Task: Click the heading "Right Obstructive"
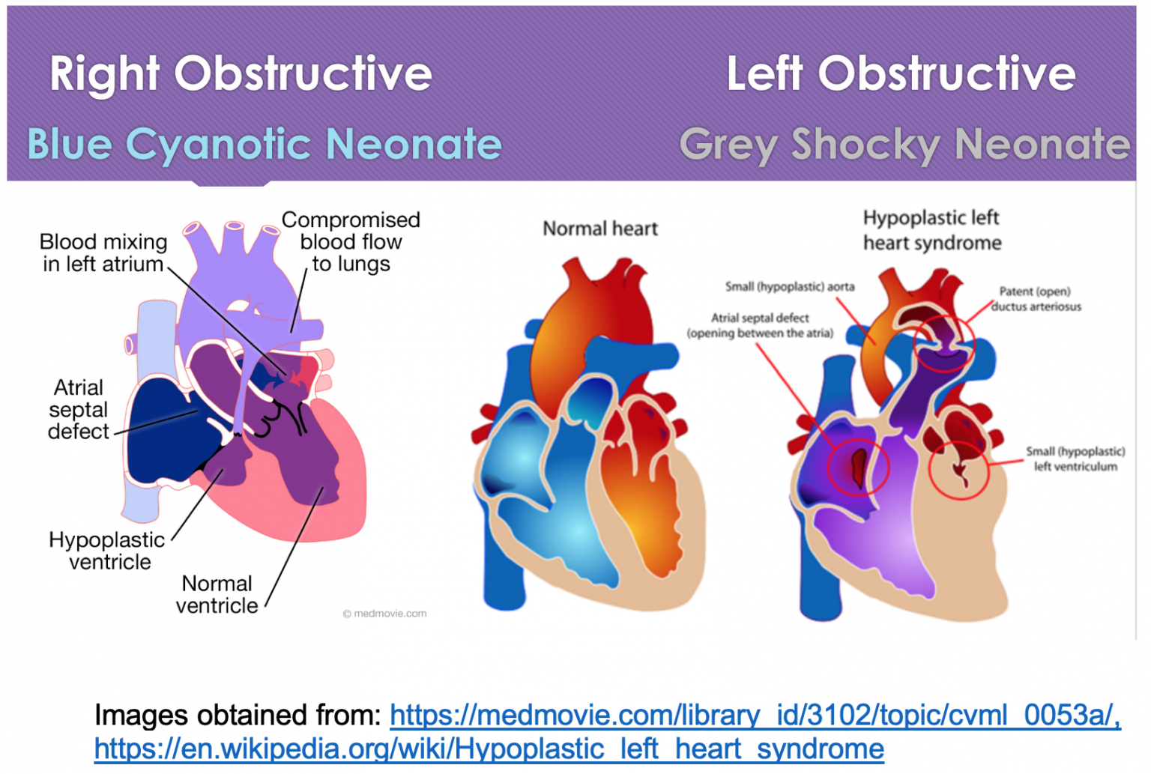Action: (241, 74)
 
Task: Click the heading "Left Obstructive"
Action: (901, 74)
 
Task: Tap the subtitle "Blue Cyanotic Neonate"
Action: (264, 145)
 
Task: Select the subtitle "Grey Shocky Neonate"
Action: (905, 145)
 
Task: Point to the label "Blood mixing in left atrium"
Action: (103, 253)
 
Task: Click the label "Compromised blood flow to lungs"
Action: (351, 241)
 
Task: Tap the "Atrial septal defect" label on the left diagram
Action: (78, 410)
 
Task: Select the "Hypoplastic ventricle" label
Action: (107, 551)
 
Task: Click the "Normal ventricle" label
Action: (217, 595)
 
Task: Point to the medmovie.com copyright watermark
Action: (384, 614)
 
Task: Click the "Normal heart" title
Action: (600, 229)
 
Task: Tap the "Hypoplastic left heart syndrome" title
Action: (932, 230)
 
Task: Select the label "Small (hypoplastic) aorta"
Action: (790, 287)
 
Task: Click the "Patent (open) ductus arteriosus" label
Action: (1036, 299)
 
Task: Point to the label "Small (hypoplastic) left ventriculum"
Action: (1075, 459)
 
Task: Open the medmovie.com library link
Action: (755, 716)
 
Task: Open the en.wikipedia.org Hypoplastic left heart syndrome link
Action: (489, 749)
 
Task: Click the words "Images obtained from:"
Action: (238, 716)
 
